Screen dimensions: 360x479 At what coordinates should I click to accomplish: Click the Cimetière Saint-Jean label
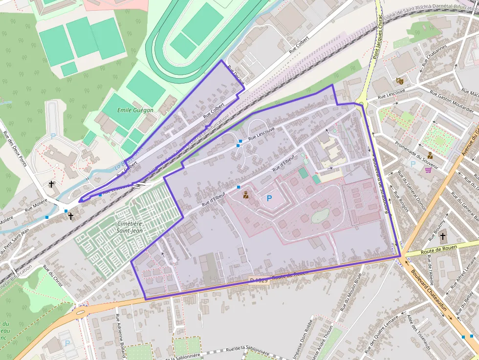coord(130,227)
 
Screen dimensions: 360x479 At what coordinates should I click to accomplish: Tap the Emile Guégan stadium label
coord(135,110)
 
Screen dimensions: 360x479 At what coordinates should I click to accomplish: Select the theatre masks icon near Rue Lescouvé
coord(399,81)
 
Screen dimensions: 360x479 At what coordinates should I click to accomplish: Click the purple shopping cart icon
coord(428,170)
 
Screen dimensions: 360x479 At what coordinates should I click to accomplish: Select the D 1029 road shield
coord(259,280)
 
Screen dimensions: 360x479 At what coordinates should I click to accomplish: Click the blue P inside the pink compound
coord(269,198)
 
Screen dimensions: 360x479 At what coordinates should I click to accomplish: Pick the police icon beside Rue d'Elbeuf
coord(245,195)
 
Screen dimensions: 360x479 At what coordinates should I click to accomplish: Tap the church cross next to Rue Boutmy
coord(442,237)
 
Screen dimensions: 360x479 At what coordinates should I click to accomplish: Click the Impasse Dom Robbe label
coord(305,340)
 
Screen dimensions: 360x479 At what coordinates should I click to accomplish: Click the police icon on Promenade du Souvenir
coord(430,156)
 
